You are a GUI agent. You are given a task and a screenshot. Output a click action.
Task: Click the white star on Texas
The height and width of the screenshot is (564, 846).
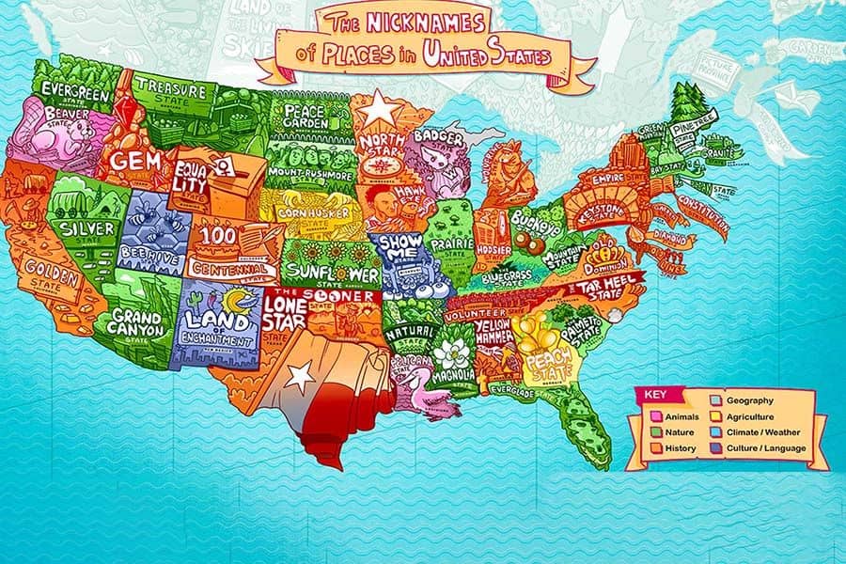click(300, 378)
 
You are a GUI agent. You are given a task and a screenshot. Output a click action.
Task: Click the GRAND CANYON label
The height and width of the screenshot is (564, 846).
click(138, 323)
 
